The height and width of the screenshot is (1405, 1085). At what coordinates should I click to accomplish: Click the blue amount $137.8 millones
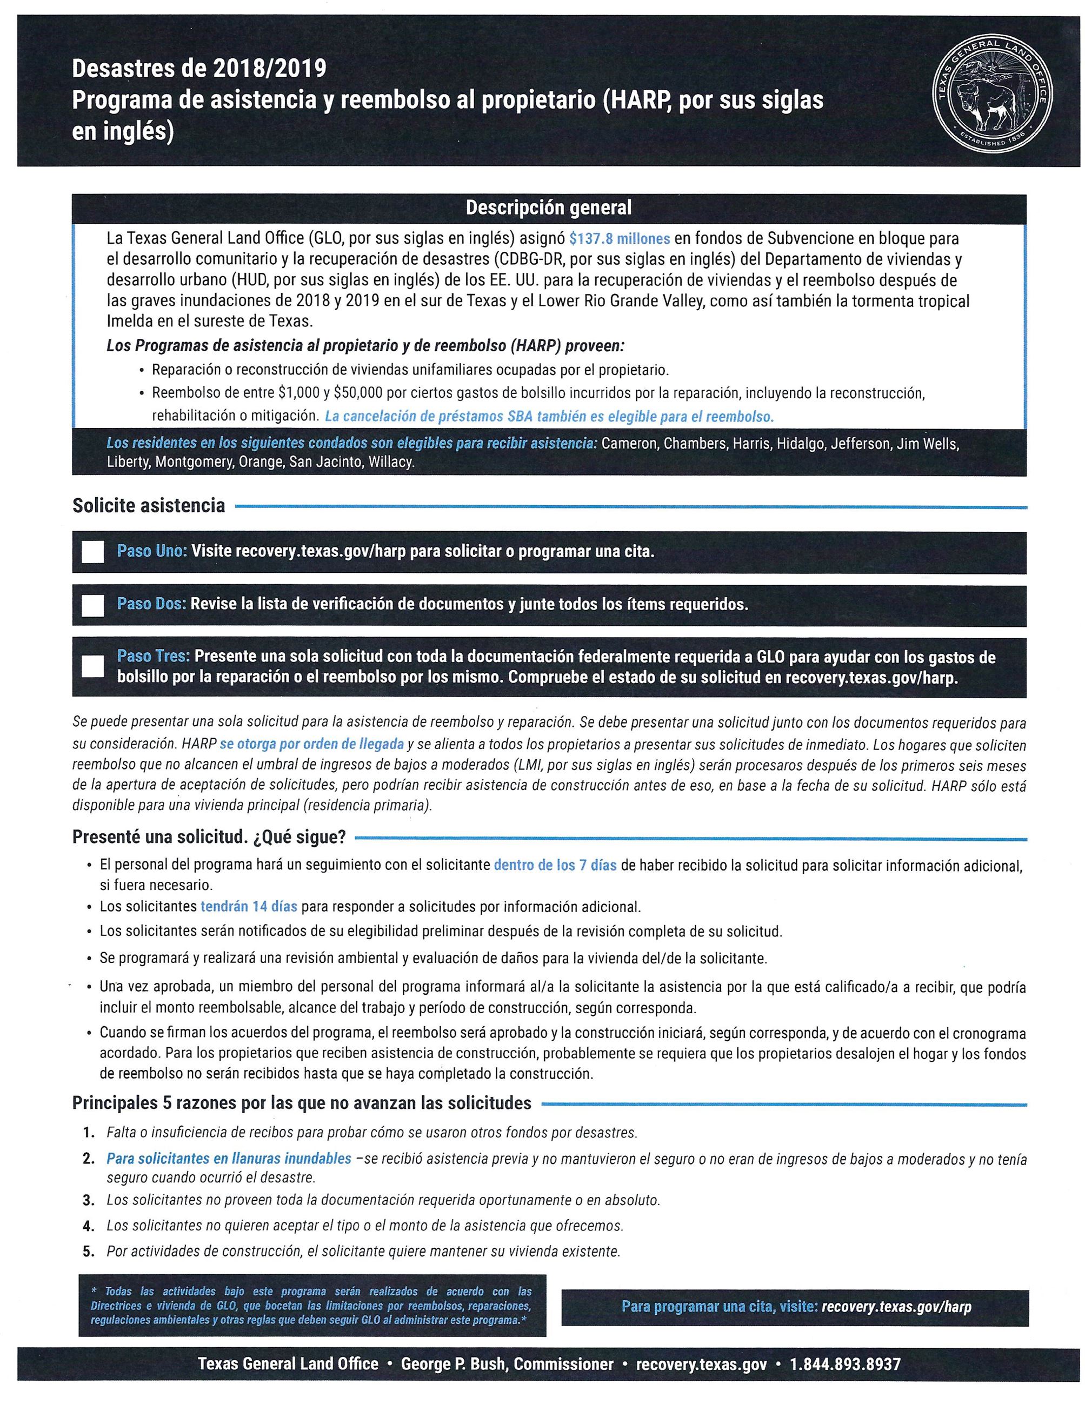point(619,239)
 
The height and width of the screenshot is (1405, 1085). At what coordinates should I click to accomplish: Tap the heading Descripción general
point(548,208)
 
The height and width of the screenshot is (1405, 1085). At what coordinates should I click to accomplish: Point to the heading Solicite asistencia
point(149,506)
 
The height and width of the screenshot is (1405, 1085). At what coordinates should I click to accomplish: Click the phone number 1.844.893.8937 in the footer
point(845,1363)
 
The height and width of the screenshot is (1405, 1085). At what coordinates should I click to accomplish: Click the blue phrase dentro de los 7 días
point(555,865)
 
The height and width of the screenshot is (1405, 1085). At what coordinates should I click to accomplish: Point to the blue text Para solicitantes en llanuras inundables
point(229,1159)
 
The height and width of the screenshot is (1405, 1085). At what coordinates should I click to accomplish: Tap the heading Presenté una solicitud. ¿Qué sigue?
point(209,837)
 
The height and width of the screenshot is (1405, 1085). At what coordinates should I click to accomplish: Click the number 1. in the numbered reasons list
point(89,1132)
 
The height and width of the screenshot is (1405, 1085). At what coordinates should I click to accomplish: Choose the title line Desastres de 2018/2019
point(199,68)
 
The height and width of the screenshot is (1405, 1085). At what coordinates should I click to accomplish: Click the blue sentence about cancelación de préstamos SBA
point(549,416)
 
